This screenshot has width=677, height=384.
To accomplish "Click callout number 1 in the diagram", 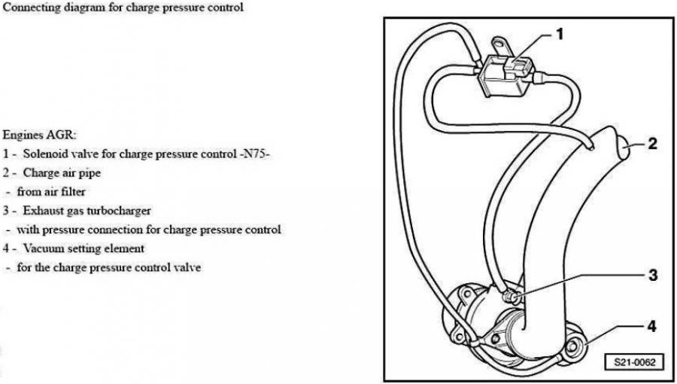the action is pos(560,34).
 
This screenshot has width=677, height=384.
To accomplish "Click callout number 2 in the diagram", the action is pos(652,144).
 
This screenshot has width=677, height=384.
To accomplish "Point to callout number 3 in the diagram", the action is pos(653,275).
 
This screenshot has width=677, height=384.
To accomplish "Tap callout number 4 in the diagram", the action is pos(652,327).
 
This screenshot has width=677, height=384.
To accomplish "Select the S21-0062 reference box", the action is pos(635,362).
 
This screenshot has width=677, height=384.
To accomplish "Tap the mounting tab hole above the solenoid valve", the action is pos(499,43).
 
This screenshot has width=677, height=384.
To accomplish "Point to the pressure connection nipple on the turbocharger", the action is pos(510,297).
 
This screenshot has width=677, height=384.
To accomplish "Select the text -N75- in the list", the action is pos(254,154).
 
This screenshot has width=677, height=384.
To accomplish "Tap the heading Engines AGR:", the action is pos(39,135).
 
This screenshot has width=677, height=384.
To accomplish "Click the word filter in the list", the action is pos(74,191).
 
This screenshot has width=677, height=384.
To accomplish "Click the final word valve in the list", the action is pos(187,267).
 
